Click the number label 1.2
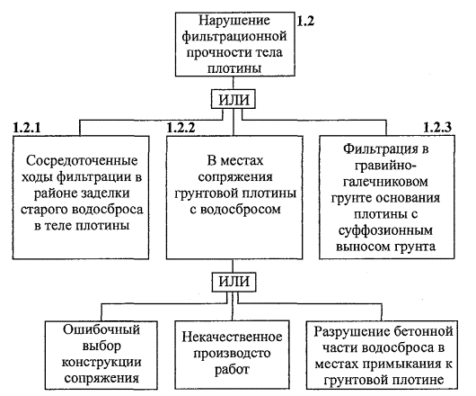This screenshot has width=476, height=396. coord(305,22)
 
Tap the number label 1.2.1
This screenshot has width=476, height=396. coord(27,128)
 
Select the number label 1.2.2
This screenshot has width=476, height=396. coord(181,128)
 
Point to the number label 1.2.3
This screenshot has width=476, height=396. coord(437,127)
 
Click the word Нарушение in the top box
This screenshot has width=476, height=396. coord(234,21)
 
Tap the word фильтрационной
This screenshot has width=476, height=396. coord(234,37)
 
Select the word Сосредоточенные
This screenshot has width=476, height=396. coord(82,161)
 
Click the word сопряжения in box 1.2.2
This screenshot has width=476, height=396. coord(235,177)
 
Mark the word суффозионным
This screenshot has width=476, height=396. coord(385,230)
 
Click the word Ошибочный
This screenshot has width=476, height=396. coord(101,329)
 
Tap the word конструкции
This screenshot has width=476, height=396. coord(101,363)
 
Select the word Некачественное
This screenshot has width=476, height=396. coord(232,337)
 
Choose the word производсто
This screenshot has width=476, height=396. coord(232,354)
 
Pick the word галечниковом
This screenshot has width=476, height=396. coord(385,182)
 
